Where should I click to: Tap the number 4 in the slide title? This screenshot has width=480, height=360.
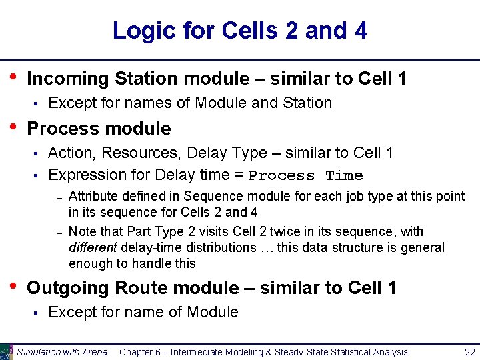[x=360, y=31]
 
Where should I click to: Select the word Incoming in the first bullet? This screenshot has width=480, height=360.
[x=67, y=79]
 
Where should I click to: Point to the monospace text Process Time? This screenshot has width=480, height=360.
[x=305, y=176]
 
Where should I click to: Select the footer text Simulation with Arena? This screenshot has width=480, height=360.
[x=62, y=352]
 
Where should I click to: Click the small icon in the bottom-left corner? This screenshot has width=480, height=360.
[x=7, y=351]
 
